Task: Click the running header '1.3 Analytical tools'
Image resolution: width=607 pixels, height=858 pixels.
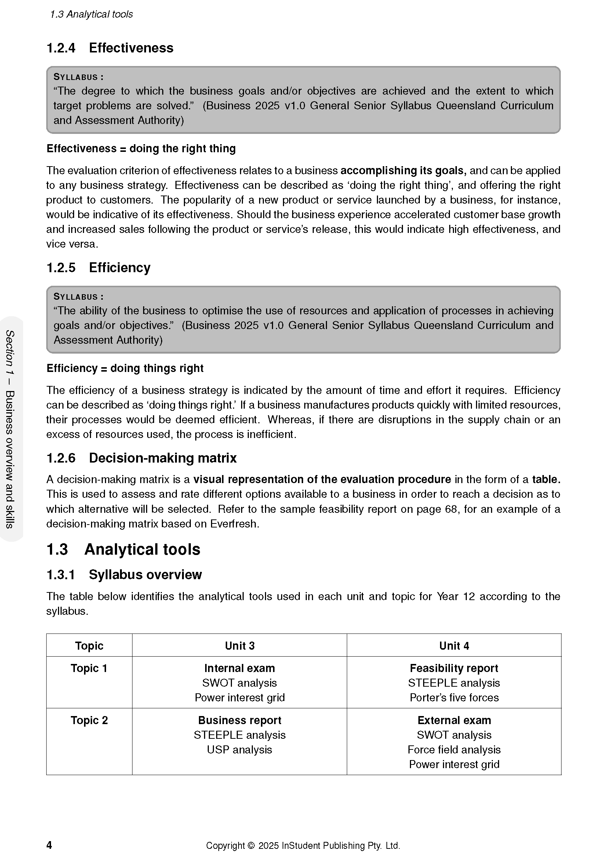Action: tap(91, 14)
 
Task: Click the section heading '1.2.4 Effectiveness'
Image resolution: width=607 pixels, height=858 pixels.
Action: tap(109, 48)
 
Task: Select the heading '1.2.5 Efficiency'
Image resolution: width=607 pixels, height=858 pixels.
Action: tap(98, 267)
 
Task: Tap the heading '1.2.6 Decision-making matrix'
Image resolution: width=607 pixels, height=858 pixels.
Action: tap(141, 458)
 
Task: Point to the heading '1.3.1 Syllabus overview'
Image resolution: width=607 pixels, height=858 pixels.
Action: tap(124, 574)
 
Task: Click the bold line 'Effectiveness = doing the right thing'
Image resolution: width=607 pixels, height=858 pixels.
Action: tap(141, 148)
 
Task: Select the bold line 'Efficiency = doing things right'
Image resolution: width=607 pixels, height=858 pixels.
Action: tap(125, 368)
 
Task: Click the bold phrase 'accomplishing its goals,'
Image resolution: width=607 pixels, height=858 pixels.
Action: tap(403, 171)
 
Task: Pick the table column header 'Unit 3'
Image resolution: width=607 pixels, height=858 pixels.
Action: tap(240, 646)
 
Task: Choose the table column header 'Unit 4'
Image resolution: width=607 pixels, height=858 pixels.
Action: tap(454, 646)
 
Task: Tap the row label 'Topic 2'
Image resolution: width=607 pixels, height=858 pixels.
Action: tap(89, 720)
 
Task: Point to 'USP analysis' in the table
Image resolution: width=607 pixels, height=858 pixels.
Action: tap(240, 750)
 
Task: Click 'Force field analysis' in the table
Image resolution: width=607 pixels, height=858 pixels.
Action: tap(454, 750)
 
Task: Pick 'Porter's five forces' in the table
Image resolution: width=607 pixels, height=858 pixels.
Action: tap(454, 698)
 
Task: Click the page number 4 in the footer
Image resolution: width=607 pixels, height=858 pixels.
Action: tap(49, 845)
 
